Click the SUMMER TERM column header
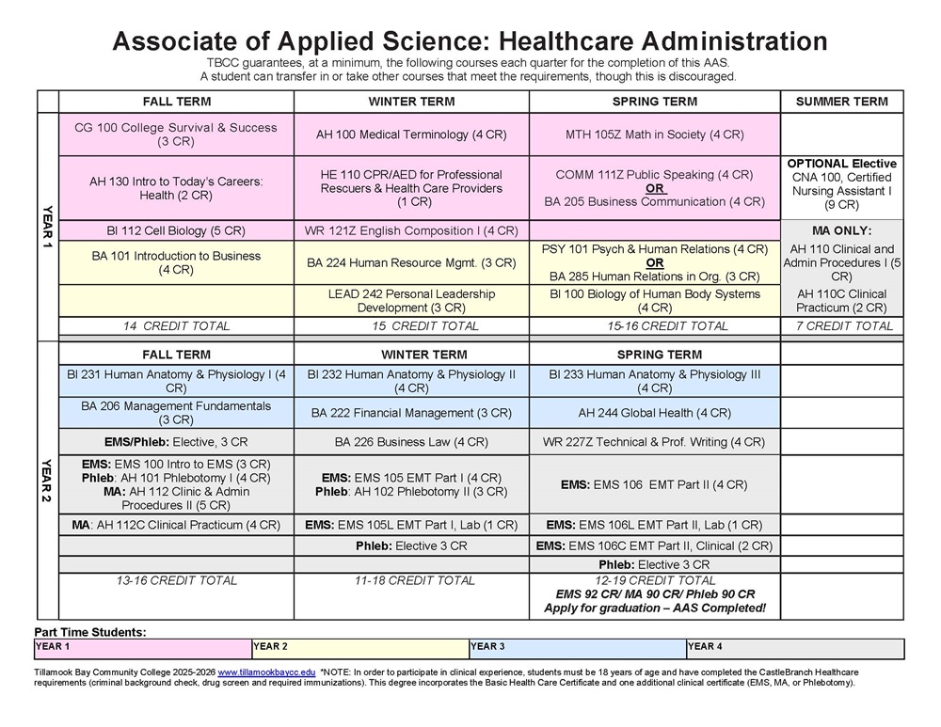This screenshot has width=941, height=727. click(x=841, y=102)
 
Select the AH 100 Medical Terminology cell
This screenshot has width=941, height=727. click(x=411, y=134)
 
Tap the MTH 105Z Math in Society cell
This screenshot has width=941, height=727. click(x=654, y=134)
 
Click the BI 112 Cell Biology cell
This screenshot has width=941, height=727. click(x=176, y=230)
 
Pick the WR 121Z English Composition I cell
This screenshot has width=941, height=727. click(x=411, y=230)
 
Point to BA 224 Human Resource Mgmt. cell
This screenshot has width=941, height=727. click(x=411, y=263)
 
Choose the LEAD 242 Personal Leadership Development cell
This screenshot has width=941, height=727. click(x=411, y=301)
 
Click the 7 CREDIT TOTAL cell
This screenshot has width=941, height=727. click(x=841, y=326)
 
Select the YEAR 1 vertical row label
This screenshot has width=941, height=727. click(x=48, y=226)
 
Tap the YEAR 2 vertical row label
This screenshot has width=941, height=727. click(x=48, y=480)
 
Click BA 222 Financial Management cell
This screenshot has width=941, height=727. click(x=411, y=413)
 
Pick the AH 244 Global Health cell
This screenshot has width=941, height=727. click(x=654, y=413)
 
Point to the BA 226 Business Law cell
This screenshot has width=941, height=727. click(x=411, y=441)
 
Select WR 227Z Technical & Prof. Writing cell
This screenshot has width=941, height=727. click(x=654, y=441)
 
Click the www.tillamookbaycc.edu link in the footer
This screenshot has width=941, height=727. click(x=266, y=672)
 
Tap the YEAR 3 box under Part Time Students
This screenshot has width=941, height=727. click(x=577, y=648)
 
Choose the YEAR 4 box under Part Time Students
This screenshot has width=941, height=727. click(x=794, y=648)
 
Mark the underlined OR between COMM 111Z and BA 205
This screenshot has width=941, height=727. click(x=654, y=188)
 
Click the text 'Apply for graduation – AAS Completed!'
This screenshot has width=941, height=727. click(x=654, y=608)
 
